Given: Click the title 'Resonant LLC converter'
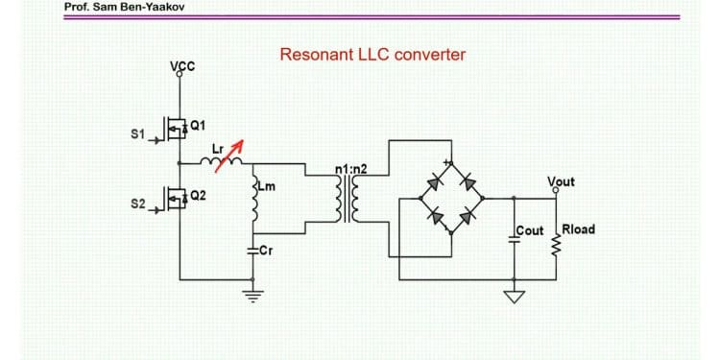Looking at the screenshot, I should point(372,55).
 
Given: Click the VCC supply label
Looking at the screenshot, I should point(181,66).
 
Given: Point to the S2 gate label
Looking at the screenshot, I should point(136,204).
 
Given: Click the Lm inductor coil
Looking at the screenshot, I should point(254,204).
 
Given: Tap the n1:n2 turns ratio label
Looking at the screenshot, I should point(351,171).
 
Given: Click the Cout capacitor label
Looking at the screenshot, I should point(530,231).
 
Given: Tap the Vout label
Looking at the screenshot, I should point(561,181).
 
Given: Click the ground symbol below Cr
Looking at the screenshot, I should point(254,294).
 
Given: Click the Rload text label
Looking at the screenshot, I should point(578,229).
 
